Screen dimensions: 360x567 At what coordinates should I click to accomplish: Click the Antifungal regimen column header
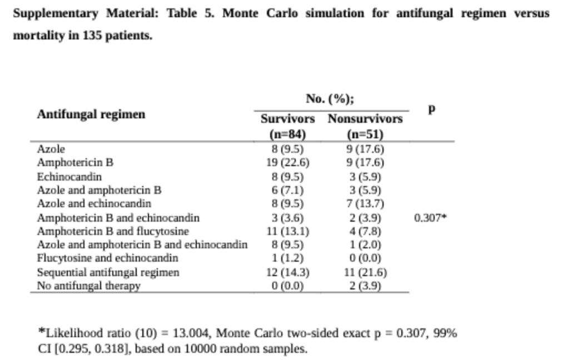(x=91, y=114)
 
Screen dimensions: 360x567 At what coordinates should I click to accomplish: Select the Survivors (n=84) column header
(x=287, y=126)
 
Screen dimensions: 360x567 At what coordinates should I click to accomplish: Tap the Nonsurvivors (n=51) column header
(x=365, y=126)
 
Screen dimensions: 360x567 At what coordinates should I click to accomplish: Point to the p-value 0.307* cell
(x=430, y=218)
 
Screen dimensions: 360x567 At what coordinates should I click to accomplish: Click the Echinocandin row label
(x=69, y=177)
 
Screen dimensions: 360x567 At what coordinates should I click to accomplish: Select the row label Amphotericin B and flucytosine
(x=113, y=231)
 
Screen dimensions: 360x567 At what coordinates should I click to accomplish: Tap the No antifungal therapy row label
(x=88, y=286)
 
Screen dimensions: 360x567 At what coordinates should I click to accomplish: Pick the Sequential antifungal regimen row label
(x=108, y=272)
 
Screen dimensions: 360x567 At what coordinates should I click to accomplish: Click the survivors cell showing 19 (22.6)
(x=287, y=163)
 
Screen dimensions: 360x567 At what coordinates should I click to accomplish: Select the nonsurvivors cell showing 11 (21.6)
(x=365, y=272)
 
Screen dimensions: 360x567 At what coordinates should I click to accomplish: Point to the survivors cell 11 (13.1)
(x=287, y=231)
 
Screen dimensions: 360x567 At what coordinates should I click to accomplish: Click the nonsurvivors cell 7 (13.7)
(x=365, y=204)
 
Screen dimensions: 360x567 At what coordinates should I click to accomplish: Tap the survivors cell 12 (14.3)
(x=287, y=272)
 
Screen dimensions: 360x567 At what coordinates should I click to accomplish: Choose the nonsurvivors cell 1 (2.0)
(x=365, y=245)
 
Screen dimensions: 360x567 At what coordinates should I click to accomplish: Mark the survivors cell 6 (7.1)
(x=287, y=190)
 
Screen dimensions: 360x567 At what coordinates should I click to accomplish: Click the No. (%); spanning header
(x=330, y=99)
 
